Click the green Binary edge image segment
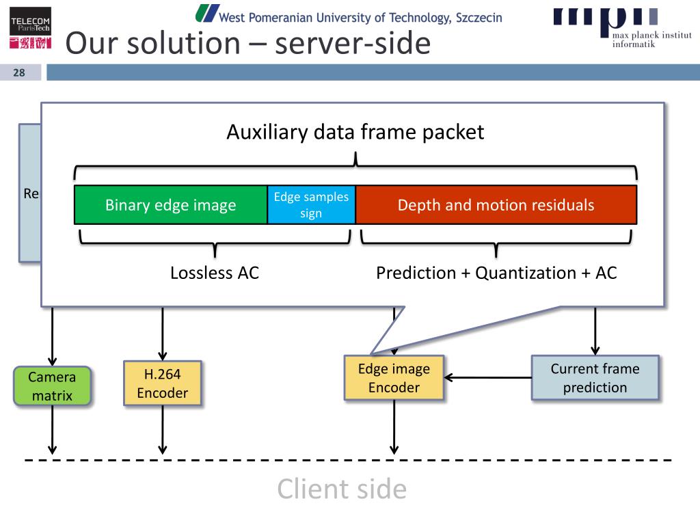click(170, 205)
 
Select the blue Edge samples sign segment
click(311, 205)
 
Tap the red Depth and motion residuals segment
click(496, 205)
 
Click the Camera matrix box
click(52, 386)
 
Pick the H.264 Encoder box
click(163, 383)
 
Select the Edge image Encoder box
click(394, 377)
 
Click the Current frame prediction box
click(595, 377)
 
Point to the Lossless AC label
click(215, 273)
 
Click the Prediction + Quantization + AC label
click(496, 273)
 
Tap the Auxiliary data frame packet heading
click(355, 132)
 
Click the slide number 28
click(18, 72)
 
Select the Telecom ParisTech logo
click(30, 27)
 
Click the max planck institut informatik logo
click(622, 27)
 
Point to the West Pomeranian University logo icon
click(207, 14)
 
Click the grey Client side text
click(342, 489)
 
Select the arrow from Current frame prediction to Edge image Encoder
click(488, 377)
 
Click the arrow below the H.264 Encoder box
click(163, 430)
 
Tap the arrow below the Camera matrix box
click(52, 430)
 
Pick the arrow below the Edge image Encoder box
click(394, 427)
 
